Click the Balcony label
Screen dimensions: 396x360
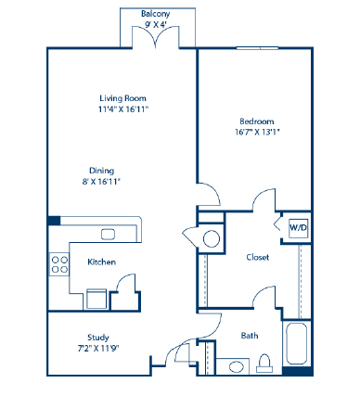pos(154,14)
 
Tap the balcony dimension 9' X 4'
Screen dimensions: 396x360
pos(154,26)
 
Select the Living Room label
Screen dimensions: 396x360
pos(123,97)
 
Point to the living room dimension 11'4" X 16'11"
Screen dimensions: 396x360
pos(123,109)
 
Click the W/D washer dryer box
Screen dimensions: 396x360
pos(299,227)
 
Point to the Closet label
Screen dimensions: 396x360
pos(257,257)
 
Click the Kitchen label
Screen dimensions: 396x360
pos(101,262)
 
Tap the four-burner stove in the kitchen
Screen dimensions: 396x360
pos(59,263)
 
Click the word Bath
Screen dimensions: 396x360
pos(250,335)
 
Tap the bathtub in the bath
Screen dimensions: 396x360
pos(299,345)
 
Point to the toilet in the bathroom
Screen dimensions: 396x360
pos(264,363)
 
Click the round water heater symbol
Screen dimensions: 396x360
pos(212,238)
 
